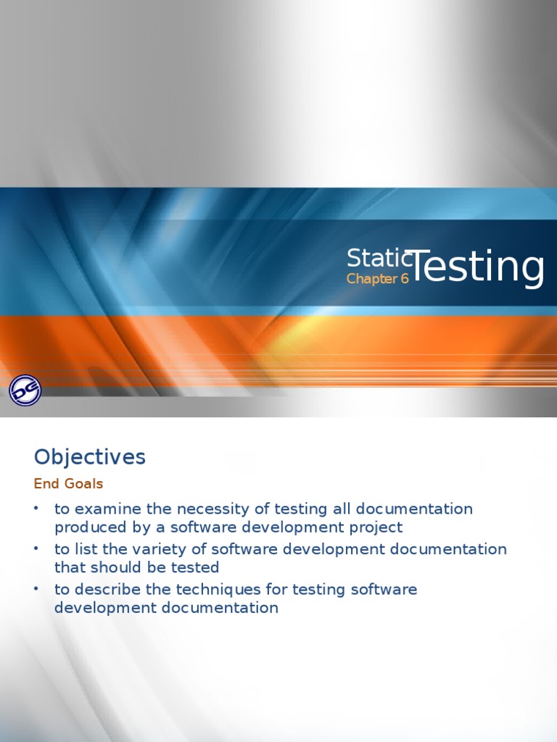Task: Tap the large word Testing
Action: click(x=476, y=267)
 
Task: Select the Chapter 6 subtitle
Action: click(x=377, y=279)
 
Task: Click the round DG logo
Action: click(x=25, y=390)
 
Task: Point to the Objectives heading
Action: click(x=89, y=457)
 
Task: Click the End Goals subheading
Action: click(x=68, y=483)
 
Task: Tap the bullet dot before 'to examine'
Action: click(x=36, y=509)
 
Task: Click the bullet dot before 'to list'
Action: click(x=36, y=549)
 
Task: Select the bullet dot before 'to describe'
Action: click(x=36, y=589)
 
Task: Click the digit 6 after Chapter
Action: click(x=405, y=279)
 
